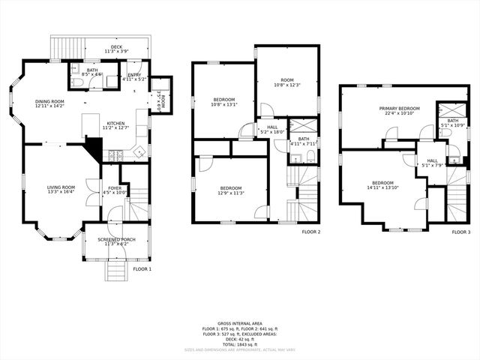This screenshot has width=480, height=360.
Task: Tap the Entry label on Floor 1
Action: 134,76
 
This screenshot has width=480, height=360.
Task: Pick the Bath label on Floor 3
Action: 453,121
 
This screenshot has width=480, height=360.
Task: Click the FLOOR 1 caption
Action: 142,268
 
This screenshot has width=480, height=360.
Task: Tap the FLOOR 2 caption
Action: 310,232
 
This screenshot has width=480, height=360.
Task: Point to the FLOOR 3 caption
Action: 460,232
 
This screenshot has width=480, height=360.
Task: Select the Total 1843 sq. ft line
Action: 240,343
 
